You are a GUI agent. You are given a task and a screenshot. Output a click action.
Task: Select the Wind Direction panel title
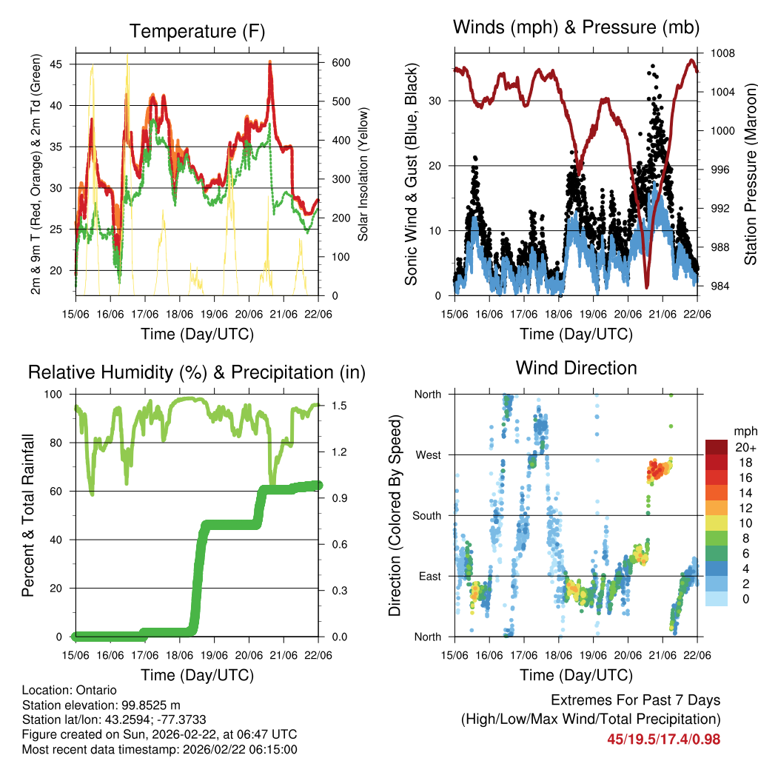coord(576,368)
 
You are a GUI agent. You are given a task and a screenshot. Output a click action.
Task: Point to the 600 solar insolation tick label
coord(340,64)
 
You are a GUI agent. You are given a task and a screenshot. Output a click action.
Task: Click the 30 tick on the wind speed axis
coord(438,101)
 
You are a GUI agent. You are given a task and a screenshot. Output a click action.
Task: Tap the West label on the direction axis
coord(428,455)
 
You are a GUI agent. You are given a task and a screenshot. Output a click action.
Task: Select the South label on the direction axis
coord(426,515)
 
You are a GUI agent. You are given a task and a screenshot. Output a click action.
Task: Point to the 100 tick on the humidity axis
coord(57,394)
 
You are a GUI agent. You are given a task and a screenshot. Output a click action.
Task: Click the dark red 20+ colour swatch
coord(717,447)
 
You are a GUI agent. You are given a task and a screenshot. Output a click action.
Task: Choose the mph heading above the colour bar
coord(742,431)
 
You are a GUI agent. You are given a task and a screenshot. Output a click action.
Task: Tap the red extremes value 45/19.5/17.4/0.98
coord(663,739)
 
